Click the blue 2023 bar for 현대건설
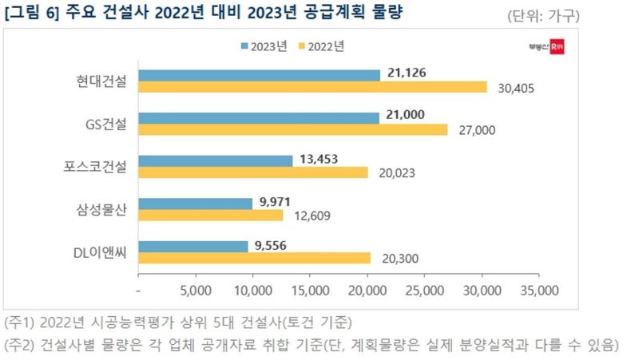pyautogui.click(x=259, y=75)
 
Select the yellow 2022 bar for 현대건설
pyautogui.click(x=312, y=87)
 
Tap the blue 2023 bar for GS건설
pyautogui.click(x=259, y=118)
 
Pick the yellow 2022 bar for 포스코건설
pyautogui.click(x=253, y=172)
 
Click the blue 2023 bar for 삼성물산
pyautogui.click(x=195, y=204)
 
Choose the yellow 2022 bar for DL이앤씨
pyautogui.click(x=254, y=258)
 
